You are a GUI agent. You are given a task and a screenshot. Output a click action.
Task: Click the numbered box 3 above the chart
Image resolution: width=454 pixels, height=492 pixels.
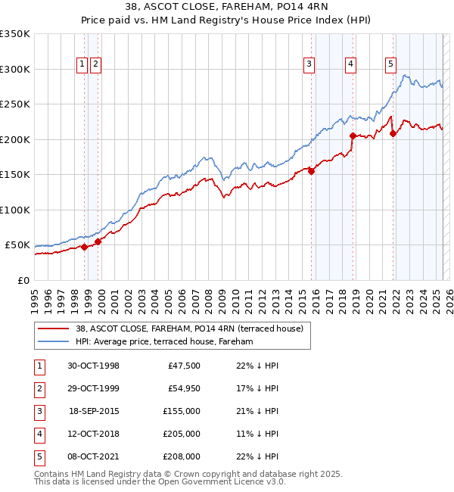tap(309, 65)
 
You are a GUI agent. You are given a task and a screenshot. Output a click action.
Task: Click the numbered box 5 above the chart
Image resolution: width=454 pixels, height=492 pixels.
tap(390, 65)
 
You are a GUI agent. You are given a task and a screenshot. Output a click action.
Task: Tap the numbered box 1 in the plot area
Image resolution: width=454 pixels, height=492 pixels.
tap(81, 65)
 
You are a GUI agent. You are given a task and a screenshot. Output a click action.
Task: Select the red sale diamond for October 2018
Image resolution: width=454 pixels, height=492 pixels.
tap(353, 136)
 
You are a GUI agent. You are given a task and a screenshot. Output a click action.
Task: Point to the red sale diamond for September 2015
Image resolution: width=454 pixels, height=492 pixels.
tap(312, 171)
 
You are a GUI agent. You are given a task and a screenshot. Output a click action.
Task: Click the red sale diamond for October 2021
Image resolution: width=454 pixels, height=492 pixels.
tap(393, 134)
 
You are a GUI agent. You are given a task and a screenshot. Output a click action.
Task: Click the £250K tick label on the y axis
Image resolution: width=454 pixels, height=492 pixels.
tap(14, 104)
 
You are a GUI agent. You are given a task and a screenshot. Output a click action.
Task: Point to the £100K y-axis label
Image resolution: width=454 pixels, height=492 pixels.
tap(14, 210)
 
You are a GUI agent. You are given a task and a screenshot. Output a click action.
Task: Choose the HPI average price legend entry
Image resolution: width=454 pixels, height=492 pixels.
tap(163, 341)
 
